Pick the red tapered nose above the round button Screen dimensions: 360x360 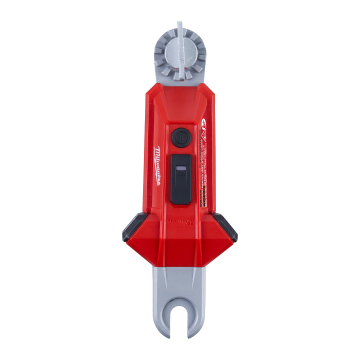point(180,105)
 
